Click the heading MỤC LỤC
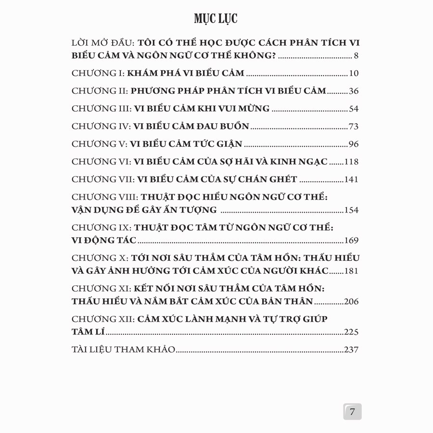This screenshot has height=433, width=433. [x=216, y=19]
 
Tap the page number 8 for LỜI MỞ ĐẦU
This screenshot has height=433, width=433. [x=356, y=55]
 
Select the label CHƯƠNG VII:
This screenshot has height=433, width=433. [x=102, y=179]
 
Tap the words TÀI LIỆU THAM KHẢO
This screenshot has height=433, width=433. [x=123, y=350]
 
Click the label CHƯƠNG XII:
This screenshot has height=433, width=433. [x=102, y=319]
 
